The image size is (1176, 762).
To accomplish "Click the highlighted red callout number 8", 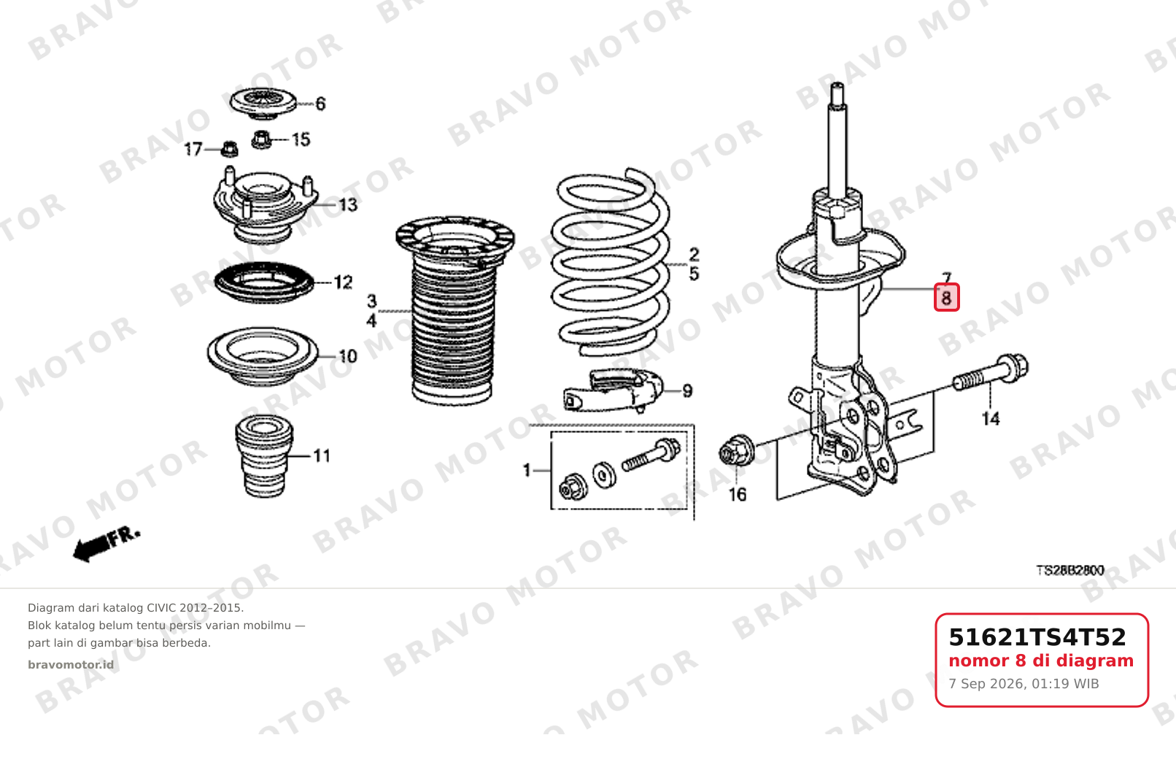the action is [946, 297].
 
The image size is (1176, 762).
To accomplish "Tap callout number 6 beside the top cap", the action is [320, 104].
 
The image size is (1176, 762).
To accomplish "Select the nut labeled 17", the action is [229, 149].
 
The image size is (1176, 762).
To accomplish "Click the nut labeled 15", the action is [261, 139].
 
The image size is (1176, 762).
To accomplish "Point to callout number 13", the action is [347, 204].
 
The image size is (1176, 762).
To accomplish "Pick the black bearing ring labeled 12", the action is [264, 282].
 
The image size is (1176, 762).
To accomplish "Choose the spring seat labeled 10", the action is [263, 357].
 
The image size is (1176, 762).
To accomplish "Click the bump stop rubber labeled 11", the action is [264, 456].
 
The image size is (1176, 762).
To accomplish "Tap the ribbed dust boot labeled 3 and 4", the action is [454, 310].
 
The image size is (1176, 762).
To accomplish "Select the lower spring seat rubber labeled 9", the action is [614, 391].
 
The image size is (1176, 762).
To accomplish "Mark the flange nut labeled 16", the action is [737, 450].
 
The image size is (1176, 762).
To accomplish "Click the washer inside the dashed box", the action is [604, 475].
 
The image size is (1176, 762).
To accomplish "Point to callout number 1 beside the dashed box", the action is [527, 470].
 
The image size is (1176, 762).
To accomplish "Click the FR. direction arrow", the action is [107, 544].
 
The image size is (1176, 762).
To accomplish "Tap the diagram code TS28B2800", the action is [1070, 570].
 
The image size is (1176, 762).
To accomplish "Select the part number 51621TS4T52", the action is [1037, 637].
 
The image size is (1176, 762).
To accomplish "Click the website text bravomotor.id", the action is [71, 665].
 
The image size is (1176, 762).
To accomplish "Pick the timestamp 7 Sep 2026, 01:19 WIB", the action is [1024, 684].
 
